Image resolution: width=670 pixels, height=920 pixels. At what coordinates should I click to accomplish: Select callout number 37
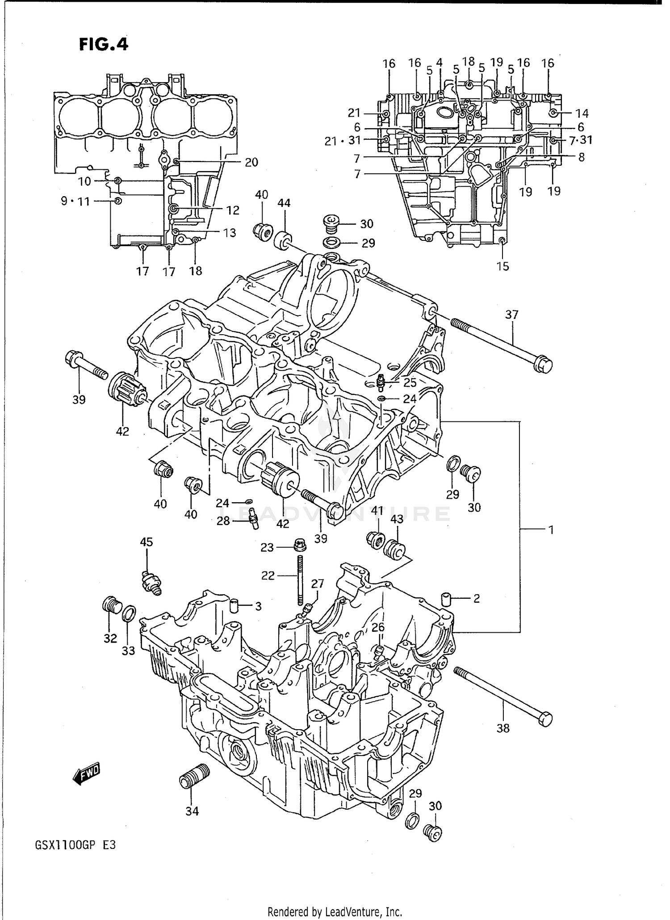(x=512, y=315)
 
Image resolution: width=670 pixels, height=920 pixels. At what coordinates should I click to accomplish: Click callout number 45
(x=146, y=542)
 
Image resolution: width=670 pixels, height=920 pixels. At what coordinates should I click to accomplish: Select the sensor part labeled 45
(x=151, y=582)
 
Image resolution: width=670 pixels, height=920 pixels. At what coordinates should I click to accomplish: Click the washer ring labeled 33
(x=129, y=613)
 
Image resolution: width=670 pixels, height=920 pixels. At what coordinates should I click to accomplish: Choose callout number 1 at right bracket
(x=551, y=530)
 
